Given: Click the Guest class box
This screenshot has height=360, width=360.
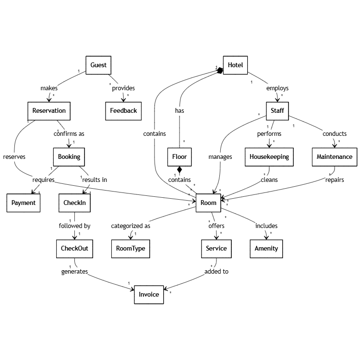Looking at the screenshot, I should pos(98,65).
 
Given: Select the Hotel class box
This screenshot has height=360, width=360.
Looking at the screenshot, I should pos(235,65).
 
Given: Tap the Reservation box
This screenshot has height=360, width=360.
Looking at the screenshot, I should pos(48,111).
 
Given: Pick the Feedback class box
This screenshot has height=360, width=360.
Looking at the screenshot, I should pos(121,111).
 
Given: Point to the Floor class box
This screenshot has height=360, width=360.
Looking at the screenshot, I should pos(179,156).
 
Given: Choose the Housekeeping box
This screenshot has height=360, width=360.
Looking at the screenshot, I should pos(268,156).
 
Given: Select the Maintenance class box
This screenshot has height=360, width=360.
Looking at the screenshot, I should pos(335,156).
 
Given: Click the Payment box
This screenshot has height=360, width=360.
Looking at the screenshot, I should pos(24,203).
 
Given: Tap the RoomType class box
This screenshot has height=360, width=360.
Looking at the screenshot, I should pos(130,249).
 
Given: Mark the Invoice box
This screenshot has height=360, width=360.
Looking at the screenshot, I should pos(149,294).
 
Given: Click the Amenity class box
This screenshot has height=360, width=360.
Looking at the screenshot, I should pos(266,249).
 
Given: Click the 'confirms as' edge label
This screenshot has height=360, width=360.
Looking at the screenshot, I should pos(69,134).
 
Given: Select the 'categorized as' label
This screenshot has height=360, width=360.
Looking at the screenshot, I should pos(131,226).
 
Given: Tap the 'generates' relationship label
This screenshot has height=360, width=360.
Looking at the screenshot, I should pos(74,271).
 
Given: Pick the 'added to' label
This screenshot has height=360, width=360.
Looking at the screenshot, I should pos(216,271).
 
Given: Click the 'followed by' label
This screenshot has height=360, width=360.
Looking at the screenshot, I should pos(74,226).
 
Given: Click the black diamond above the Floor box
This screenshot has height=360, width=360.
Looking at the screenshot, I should pos(180,169).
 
